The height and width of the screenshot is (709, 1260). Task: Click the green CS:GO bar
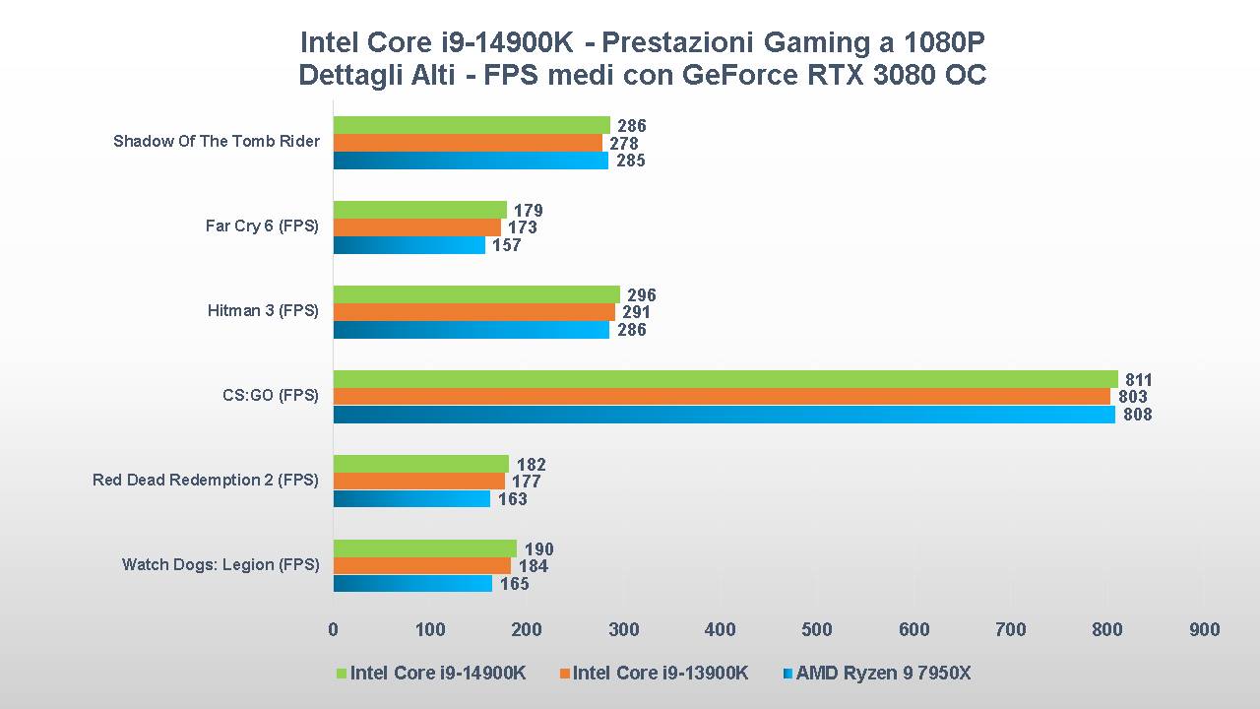click(x=725, y=379)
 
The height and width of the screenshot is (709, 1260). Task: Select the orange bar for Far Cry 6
click(x=417, y=227)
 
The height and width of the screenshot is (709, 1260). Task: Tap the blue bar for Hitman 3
click(x=472, y=330)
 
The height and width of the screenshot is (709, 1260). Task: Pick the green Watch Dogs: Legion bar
click(x=425, y=548)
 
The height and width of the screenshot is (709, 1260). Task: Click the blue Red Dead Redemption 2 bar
click(x=411, y=499)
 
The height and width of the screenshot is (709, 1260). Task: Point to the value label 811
click(x=1139, y=380)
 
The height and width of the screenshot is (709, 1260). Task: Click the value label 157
click(x=507, y=245)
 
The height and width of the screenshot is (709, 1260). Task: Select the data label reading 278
click(x=623, y=144)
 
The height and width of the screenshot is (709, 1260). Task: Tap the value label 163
click(x=512, y=499)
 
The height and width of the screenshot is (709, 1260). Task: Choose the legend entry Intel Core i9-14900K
click(x=432, y=674)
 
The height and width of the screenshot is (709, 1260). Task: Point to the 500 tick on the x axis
click(x=817, y=630)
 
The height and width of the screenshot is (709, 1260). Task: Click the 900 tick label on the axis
click(x=1204, y=630)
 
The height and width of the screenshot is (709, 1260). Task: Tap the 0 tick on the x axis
click(x=333, y=630)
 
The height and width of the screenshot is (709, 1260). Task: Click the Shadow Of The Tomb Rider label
click(x=217, y=142)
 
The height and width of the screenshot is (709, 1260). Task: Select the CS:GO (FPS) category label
click(x=271, y=396)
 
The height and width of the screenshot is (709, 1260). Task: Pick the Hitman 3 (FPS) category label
click(x=263, y=311)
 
